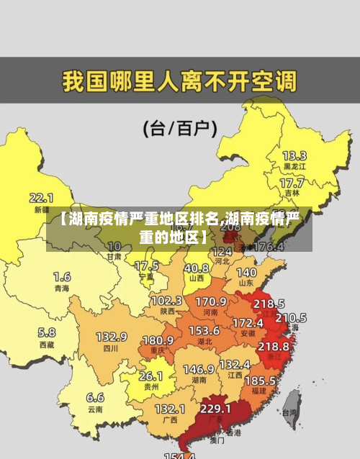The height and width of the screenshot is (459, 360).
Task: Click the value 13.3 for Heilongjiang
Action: coord(294,155)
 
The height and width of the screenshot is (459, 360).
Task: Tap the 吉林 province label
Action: coord(292,193)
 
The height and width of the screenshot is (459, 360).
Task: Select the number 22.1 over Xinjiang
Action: coord(41,197)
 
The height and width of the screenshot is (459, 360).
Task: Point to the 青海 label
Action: coord(62,288)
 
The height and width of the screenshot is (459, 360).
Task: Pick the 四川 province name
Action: coord(110,348)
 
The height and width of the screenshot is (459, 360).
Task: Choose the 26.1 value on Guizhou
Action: coord(150,376)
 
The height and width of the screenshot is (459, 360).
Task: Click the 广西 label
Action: coord(170,419)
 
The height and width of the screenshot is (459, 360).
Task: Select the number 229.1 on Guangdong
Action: coord(215,408)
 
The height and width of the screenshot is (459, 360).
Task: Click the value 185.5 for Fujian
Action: coord(259,380)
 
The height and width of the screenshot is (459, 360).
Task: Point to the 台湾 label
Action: coord(289,413)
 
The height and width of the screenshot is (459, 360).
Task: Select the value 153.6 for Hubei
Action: coord(204,330)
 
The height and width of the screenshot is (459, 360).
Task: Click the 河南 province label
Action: coord(210,313)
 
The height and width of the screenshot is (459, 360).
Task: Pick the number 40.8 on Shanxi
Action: coord(196,267)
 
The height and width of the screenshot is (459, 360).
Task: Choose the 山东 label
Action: coord(246,283)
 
